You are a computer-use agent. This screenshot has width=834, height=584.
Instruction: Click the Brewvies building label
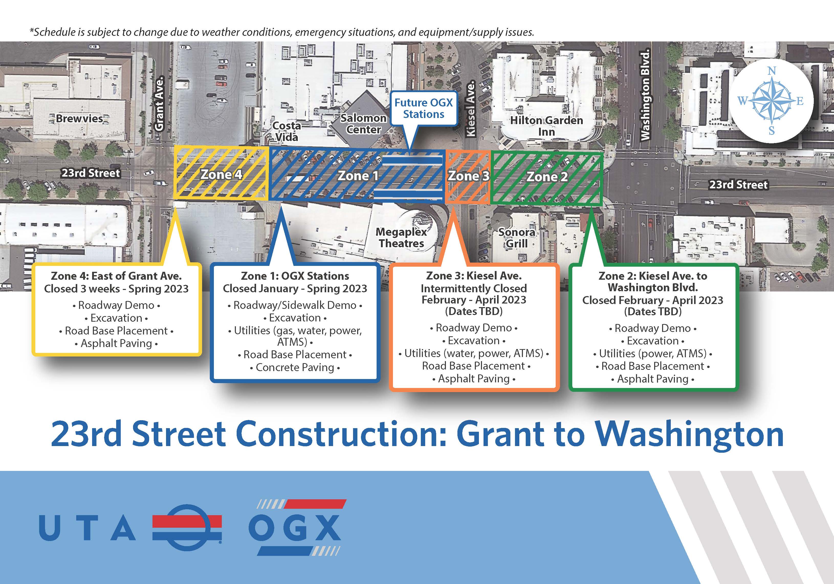point(80,119)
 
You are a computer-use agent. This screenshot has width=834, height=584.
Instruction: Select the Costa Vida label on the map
point(287,131)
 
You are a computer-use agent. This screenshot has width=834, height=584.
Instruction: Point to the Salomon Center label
point(363,124)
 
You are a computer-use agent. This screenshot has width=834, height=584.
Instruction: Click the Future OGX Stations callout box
point(424,108)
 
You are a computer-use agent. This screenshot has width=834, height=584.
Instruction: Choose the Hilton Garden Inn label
point(546,126)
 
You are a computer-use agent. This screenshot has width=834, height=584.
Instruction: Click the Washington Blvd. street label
point(645,95)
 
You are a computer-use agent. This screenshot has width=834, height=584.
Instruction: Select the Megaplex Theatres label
point(401,237)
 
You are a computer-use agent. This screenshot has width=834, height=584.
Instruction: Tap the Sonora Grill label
point(517,238)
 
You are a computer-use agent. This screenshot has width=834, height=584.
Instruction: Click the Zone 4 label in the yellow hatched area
point(221,175)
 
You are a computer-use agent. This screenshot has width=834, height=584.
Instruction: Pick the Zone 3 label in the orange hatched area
point(469,176)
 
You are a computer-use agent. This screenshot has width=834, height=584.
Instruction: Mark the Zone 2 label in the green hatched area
point(547,177)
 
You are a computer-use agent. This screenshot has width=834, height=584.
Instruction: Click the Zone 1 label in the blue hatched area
point(358,176)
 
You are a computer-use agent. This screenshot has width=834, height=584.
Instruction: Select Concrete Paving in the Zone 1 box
point(295,367)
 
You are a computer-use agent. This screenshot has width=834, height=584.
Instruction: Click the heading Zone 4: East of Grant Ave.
point(116,276)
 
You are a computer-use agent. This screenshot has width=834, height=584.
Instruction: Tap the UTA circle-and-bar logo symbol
point(187,527)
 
